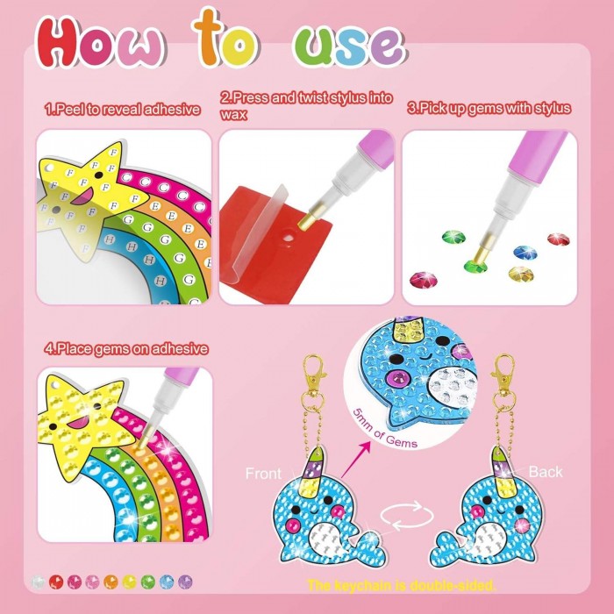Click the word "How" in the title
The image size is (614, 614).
pyautogui.click(x=100, y=42)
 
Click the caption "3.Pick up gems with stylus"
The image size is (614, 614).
pyautogui.click(x=489, y=108)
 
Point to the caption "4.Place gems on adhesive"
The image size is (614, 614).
pyautogui.click(x=126, y=348)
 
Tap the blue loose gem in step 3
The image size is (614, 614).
pyautogui.click(x=525, y=252)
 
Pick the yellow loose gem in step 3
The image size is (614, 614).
pyautogui.click(x=521, y=274)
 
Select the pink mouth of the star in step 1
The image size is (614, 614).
pyautogui.click(x=82, y=196)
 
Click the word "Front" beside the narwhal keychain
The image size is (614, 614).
pyautogui.click(x=263, y=474)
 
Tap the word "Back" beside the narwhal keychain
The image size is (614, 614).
pyautogui.click(x=546, y=472)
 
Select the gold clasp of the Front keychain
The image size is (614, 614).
pyautogui.click(x=315, y=372)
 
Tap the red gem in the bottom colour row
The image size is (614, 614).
pyautogui.click(x=56, y=582)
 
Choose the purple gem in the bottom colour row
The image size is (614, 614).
pyautogui.click(x=185, y=582)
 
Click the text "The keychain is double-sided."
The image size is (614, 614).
pyautogui.click(x=402, y=586)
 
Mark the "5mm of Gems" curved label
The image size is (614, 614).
pyautogui.click(x=384, y=430)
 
